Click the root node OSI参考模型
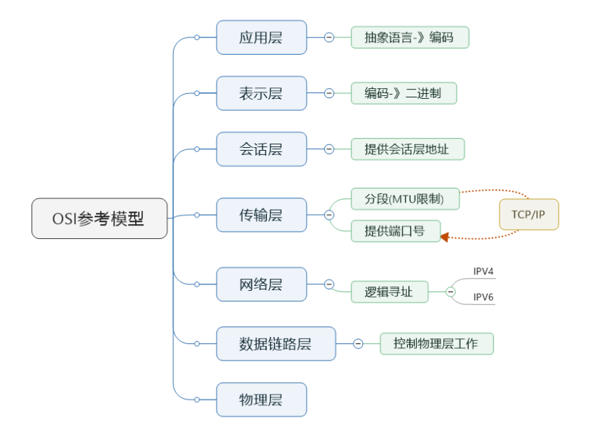coord(100,218)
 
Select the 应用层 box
coord(261,38)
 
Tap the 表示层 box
coord(261,93)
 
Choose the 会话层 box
coord(261,149)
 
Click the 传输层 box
coord(261,215)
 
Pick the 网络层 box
coord(261,284)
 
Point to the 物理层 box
coord(261,400)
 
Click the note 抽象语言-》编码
coord(410,38)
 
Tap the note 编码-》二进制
coord(403,93)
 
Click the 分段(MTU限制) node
coord(405,199)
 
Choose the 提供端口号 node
coord(396,231)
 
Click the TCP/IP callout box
coord(529,215)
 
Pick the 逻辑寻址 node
coord(389,292)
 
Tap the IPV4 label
coord(484,272)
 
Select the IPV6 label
coord(484,297)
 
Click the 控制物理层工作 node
coord(436,344)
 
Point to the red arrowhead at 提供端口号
coord(444,237)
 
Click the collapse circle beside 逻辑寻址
coord(450,292)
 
